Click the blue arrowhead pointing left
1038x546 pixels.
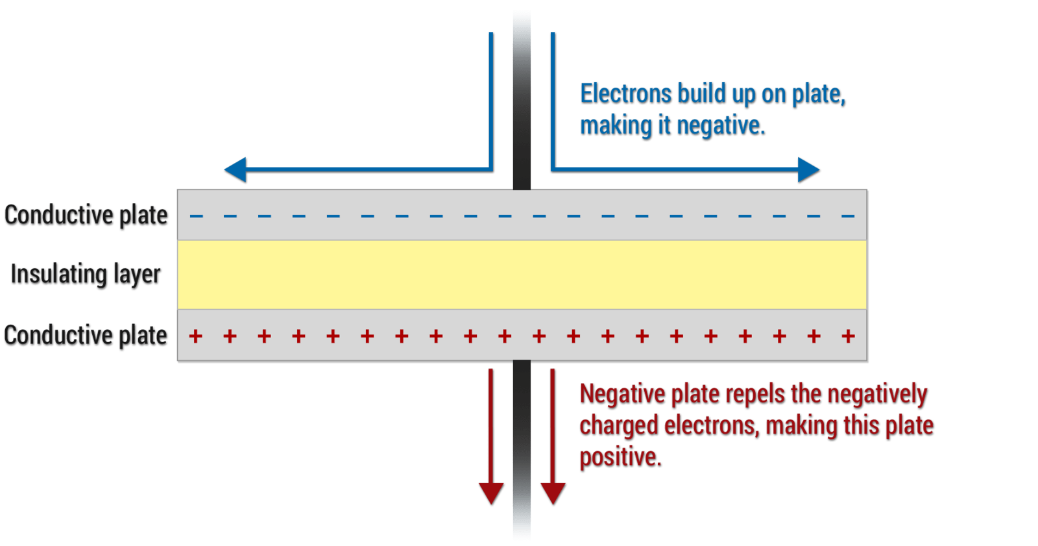click(235, 170)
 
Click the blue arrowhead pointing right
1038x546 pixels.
click(809, 170)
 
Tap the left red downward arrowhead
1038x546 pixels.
click(491, 494)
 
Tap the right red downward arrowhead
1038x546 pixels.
click(553, 494)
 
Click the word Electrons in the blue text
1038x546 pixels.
click(626, 94)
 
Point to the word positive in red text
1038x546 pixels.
click(620, 457)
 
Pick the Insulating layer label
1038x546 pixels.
click(86, 275)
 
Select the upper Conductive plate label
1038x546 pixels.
click(86, 216)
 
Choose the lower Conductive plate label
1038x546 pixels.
click(86, 336)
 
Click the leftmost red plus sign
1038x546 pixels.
click(195, 336)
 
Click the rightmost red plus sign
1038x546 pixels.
click(848, 336)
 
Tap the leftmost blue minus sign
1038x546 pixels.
click(196, 216)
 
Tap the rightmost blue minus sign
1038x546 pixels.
click(848, 216)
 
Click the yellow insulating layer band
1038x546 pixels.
click(522, 275)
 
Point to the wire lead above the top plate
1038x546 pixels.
click(522, 97)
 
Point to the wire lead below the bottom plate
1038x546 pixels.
click(522, 448)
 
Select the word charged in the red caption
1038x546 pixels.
click(620, 426)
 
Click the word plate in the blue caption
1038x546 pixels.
click(818, 94)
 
